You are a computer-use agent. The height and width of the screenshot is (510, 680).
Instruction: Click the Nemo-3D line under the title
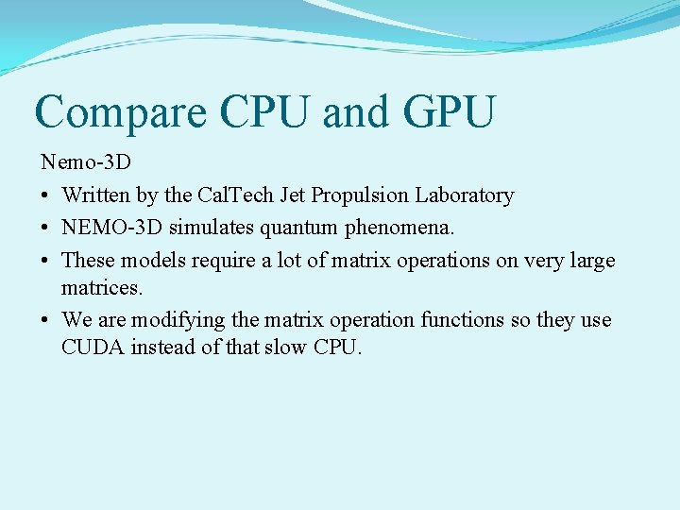pos(86,162)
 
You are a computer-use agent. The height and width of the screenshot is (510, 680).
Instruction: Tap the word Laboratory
pos(465,195)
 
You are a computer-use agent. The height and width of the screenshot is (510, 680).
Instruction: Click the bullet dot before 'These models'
pos(45,260)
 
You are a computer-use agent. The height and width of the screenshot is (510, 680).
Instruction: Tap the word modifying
pos(166,319)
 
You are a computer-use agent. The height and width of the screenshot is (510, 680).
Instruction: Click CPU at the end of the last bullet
pos(337,347)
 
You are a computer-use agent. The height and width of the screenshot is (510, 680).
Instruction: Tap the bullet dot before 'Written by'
pos(45,196)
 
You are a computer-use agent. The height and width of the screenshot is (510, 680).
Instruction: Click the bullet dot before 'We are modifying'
pos(45,320)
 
